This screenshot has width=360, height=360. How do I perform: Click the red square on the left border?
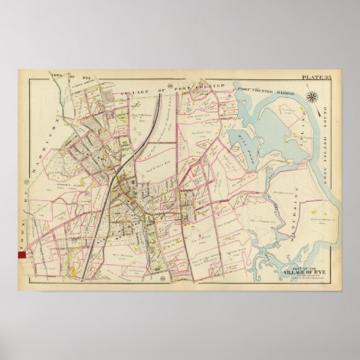click(x=21, y=254)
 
